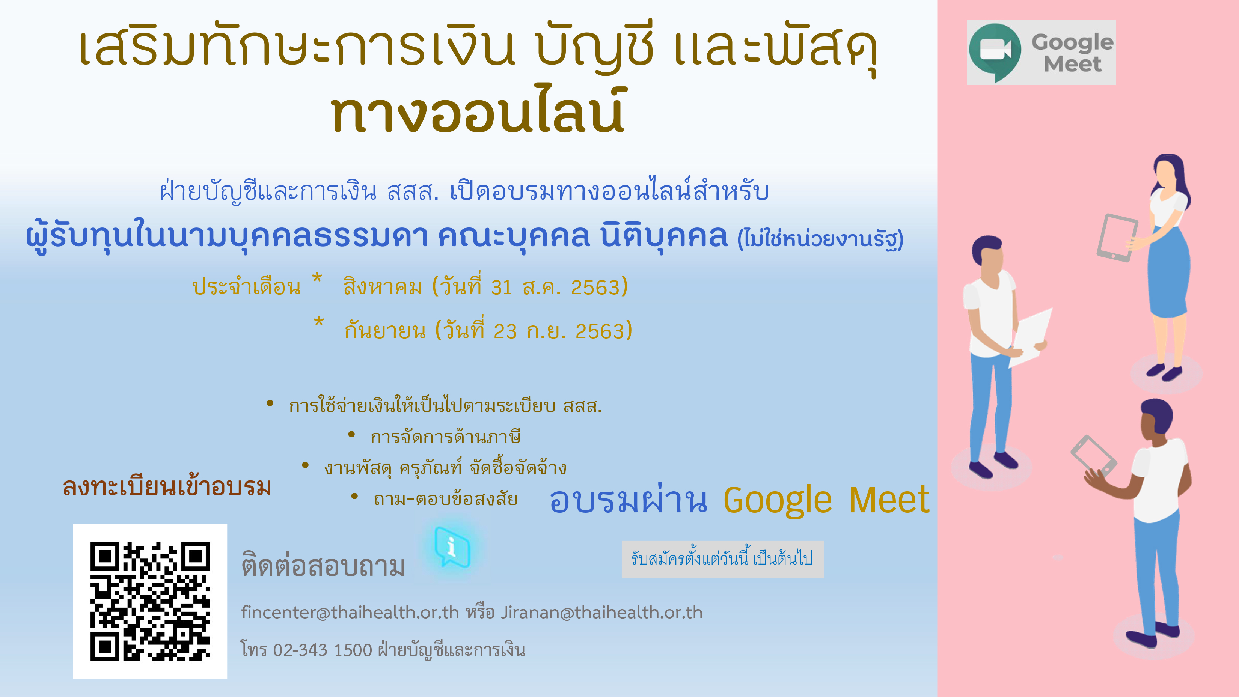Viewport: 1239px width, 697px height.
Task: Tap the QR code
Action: [150, 601]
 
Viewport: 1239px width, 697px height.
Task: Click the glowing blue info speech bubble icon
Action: [452, 547]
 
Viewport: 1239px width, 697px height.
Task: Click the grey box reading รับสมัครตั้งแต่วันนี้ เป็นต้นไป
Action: [722, 559]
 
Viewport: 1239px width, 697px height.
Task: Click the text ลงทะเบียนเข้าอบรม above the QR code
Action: [167, 486]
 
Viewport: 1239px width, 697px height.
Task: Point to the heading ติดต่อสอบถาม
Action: [323, 566]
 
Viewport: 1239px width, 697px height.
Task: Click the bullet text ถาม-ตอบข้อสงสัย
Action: [445, 499]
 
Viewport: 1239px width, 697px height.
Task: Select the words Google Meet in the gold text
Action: [826, 500]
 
